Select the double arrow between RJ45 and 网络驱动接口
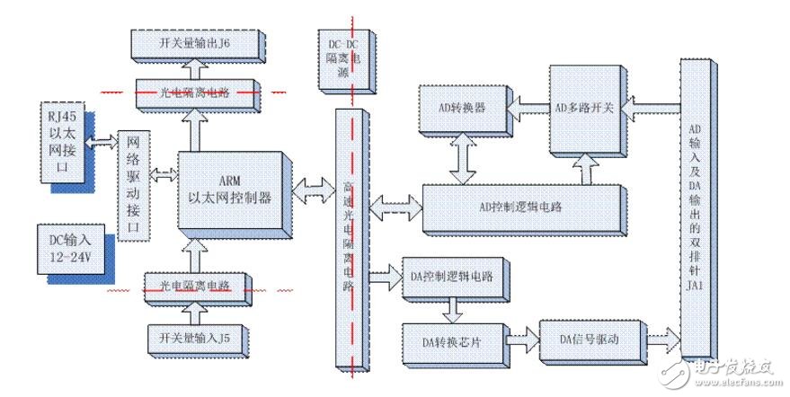click(103, 140)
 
